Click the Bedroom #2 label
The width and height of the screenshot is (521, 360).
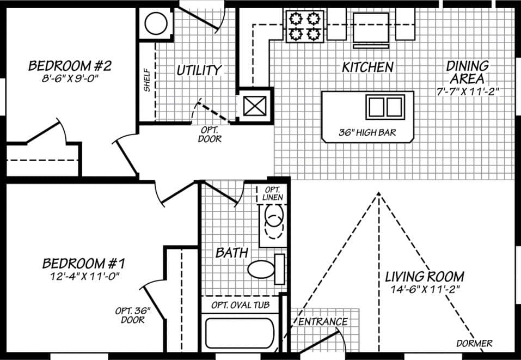pyautogui.click(x=70, y=66)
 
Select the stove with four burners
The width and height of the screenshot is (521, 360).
pyautogui.click(x=304, y=27)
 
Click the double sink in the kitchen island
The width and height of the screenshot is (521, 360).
pyautogui.click(x=385, y=107)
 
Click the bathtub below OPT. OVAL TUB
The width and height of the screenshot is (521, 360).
pyautogui.click(x=239, y=333)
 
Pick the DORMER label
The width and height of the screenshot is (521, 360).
pyautogui.click(x=474, y=343)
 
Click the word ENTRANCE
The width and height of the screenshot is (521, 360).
pyautogui.click(x=323, y=321)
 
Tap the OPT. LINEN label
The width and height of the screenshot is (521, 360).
pyautogui.click(x=272, y=193)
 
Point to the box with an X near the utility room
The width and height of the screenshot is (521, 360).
pyautogui.click(x=255, y=105)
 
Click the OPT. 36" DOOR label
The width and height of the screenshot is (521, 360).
pyautogui.click(x=132, y=315)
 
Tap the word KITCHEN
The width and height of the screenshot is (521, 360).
pyautogui.click(x=367, y=68)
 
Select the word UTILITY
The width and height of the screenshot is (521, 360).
pyautogui.click(x=199, y=70)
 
